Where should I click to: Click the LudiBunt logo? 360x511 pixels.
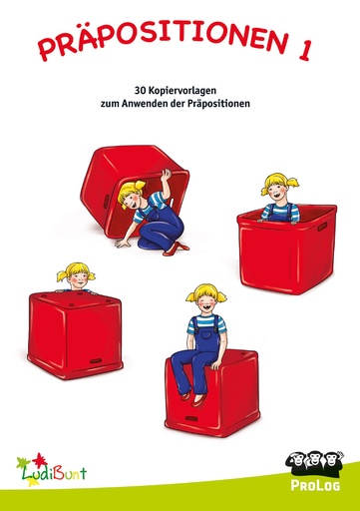coord(50,465)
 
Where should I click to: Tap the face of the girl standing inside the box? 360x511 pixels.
coord(277,188)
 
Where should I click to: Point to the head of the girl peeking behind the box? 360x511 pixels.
coord(75,273)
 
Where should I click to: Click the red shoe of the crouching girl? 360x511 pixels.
coord(180,247)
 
